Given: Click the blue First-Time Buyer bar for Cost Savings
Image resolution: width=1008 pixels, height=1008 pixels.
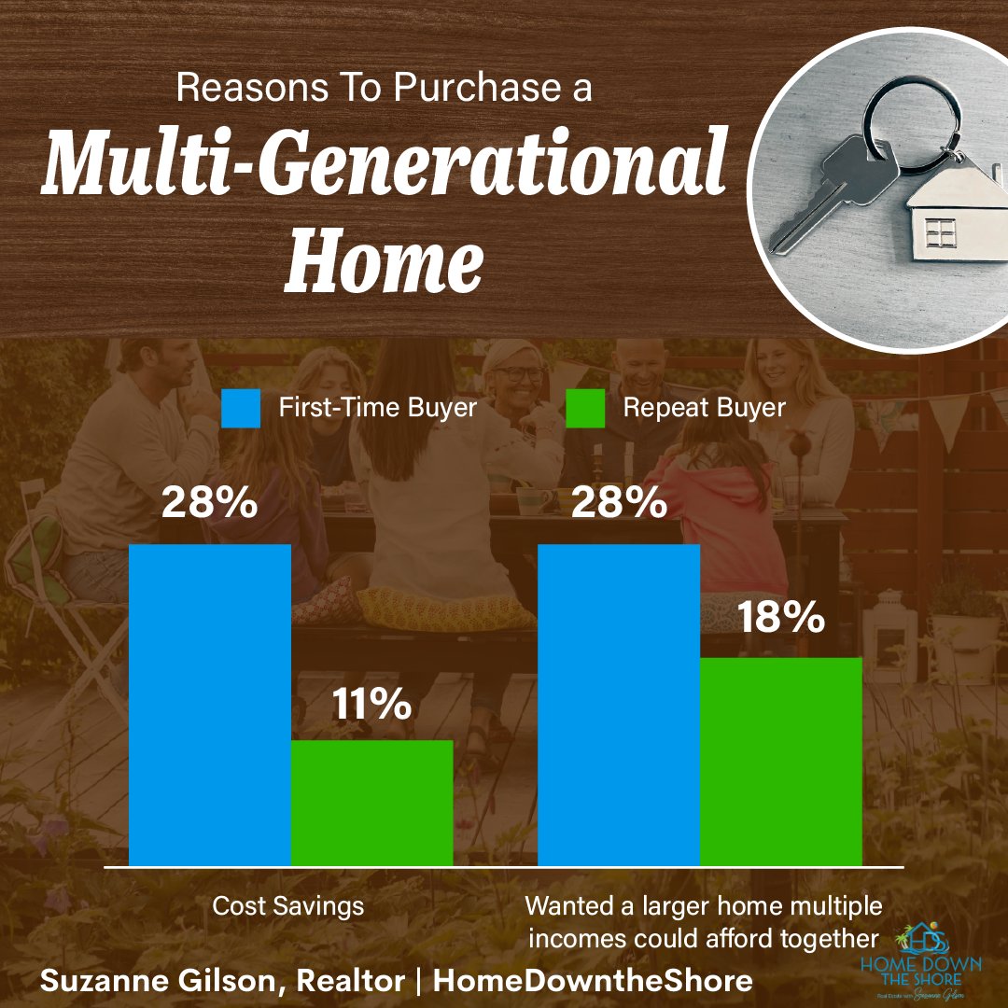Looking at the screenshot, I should (210, 705).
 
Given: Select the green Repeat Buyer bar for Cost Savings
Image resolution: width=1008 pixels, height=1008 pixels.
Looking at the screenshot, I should (371, 803).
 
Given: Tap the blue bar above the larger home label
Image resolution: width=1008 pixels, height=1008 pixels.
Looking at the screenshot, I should (620, 705).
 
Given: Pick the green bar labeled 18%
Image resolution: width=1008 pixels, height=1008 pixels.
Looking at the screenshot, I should (780, 761).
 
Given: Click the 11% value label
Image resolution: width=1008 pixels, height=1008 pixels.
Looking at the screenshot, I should (371, 703).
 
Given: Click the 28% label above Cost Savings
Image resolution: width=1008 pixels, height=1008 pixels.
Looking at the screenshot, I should (210, 504).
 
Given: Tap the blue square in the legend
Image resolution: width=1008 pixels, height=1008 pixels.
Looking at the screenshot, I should (240, 408).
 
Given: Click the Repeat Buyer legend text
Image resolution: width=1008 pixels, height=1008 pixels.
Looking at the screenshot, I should (704, 408).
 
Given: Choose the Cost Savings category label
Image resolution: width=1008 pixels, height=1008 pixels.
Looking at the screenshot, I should (288, 905).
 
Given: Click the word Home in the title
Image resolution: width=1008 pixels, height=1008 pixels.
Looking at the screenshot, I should (383, 253).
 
